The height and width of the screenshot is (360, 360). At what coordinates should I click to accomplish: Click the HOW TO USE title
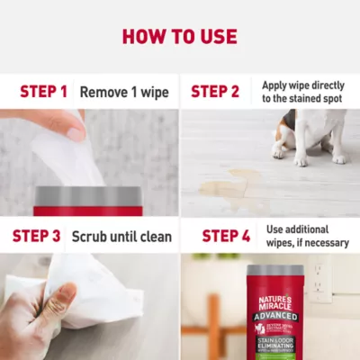[180, 37]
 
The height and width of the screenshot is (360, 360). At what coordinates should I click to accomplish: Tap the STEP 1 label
[43, 92]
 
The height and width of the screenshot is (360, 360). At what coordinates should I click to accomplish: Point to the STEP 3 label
[36, 236]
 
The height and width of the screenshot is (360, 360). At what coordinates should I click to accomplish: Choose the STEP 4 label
[226, 236]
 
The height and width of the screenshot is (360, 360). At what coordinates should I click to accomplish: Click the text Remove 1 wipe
[124, 92]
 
